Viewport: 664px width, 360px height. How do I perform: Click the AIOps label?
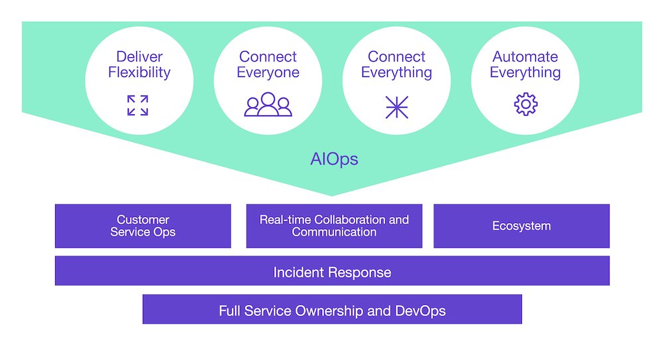[334, 159]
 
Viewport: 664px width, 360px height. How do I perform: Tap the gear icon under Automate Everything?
[525, 104]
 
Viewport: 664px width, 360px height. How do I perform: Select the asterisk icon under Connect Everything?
[397, 107]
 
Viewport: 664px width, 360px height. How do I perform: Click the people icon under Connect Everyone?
[268, 104]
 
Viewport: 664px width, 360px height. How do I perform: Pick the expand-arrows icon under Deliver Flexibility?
[137, 106]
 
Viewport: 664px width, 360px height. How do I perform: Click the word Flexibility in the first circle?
[139, 72]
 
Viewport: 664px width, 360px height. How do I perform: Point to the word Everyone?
[268, 72]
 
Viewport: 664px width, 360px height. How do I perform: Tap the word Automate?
[525, 56]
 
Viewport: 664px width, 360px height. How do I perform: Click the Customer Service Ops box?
[143, 226]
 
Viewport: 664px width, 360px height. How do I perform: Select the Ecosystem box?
[521, 226]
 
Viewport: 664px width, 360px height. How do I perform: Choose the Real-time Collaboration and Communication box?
[334, 226]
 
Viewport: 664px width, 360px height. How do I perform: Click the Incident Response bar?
[332, 270]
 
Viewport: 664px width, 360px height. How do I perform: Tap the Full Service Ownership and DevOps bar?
[332, 309]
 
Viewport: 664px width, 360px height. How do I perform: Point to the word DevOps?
[420, 311]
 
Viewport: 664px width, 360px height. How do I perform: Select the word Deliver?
[139, 56]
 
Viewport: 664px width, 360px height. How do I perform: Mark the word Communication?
[334, 232]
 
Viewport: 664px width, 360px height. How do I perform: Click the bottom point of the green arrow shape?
[331, 196]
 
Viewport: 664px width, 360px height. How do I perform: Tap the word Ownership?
[329, 311]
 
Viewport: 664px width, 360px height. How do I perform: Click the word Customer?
[143, 219]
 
